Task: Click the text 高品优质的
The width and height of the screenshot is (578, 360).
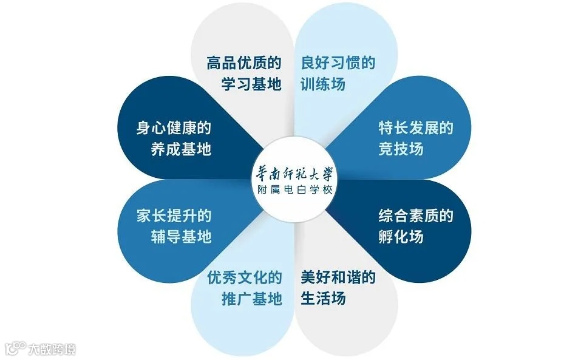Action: [x=244, y=63]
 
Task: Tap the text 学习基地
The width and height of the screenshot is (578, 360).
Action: [x=251, y=84]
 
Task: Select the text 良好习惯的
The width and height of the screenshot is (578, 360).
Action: [x=338, y=63]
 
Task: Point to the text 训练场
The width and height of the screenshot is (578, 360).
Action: [x=323, y=84]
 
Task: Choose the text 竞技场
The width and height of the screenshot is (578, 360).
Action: [x=401, y=149]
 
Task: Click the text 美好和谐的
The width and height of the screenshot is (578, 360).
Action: [x=338, y=278]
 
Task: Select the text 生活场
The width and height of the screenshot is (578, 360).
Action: [x=323, y=299]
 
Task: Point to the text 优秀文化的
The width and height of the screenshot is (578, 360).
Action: [x=244, y=278]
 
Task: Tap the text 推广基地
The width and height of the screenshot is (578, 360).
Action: [x=251, y=299]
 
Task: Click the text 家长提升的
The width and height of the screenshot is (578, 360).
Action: [x=174, y=216]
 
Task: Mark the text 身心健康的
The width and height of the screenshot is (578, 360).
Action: [x=174, y=128]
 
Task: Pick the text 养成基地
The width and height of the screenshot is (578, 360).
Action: [x=181, y=149]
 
